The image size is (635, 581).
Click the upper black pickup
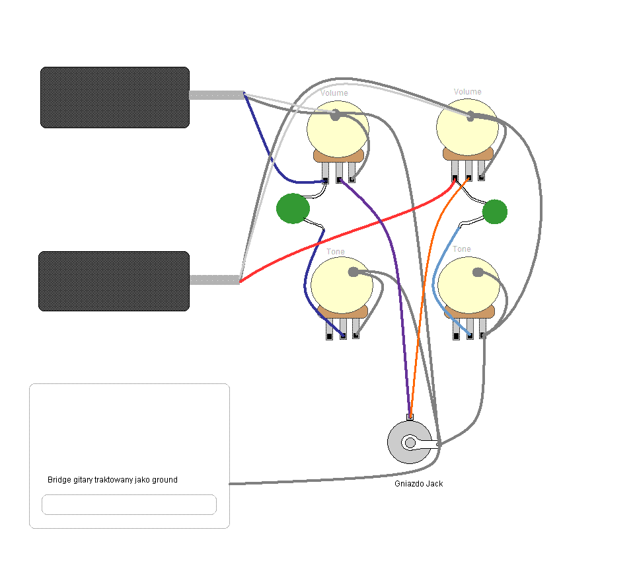pos(115,97)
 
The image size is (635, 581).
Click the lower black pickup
pos(114,281)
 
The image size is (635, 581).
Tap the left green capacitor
pos(293,208)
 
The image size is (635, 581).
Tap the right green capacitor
pos(495,212)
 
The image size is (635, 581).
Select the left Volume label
pos(334,93)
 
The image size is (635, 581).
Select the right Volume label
pos(467,92)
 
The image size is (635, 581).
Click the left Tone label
pos(335,252)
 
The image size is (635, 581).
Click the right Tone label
pos(462,249)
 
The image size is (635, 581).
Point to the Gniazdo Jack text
pos(419,484)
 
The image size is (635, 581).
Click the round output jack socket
pos(410,442)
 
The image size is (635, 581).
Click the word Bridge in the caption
pos(59,480)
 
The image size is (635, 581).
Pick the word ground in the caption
pos(165,480)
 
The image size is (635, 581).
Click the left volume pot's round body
pos(338,130)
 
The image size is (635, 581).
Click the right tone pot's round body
pos(468,285)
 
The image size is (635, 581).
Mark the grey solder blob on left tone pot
pos(354,272)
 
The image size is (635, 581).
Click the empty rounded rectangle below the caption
pos(130,504)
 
